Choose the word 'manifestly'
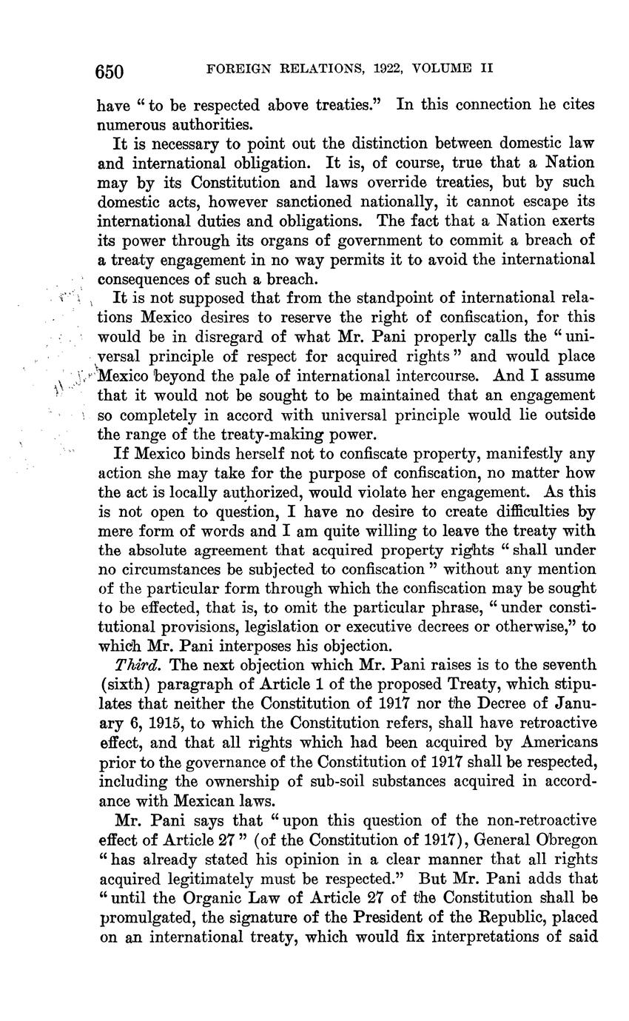click(531, 453)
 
